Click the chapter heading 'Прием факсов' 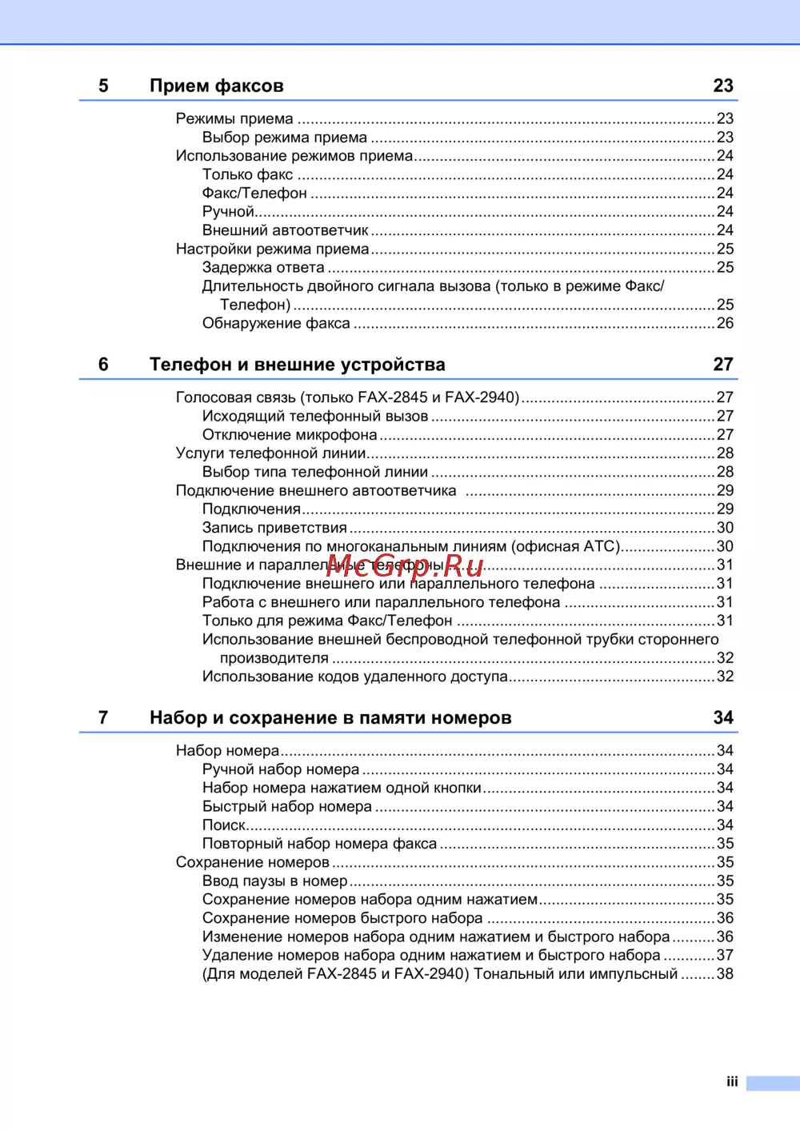(x=216, y=86)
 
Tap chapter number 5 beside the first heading (x=103, y=86)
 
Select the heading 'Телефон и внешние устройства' (x=297, y=365)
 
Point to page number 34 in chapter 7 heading (x=723, y=718)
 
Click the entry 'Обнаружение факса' (x=276, y=324)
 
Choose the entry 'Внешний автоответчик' (x=285, y=230)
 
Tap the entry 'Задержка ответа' (x=263, y=268)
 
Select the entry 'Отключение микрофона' (x=290, y=435)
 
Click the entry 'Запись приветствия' (x=274, y=528)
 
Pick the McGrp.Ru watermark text (x=405, y=566)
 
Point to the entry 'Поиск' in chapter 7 (x=224, y=825)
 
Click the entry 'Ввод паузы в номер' (x=274, y=881)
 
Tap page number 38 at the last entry (x=725, y=974)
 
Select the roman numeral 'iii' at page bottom (x=732, y=1082)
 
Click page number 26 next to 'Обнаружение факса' (x=725, y=324)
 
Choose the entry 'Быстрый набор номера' (x=286, y=807)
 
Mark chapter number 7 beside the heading (x=103, y=718)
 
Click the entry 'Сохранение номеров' (x=253, y=863)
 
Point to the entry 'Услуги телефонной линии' (x=270, y=453)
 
